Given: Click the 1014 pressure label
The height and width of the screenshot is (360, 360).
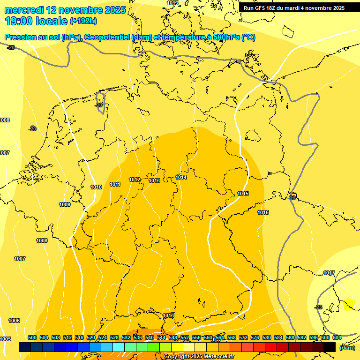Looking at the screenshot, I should click(x=181, y=177).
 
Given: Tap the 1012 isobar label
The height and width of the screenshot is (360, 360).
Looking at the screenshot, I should click(x=135, y=180).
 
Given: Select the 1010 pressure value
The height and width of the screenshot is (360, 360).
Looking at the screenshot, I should click(x=96, y=187).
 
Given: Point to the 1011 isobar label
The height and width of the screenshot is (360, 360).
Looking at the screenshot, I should click(x=115, y=184).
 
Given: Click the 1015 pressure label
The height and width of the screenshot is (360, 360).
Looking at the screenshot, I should click(x=243, y=194).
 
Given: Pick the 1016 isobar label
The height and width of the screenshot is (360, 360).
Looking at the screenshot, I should click(x=263, y=212).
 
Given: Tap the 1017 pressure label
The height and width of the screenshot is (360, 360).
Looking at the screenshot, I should click(x=329, y=273).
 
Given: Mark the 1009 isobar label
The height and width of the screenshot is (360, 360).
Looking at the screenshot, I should click(x=65, y=204).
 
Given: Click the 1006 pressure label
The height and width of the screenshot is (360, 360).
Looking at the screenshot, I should click(x=14, y=321).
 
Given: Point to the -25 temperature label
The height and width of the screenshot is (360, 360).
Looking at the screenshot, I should click(x=319, y=307).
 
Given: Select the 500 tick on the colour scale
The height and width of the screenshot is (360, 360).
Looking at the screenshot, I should click(x=32, y=337).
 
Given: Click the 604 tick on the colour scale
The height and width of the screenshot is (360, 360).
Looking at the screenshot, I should click(x=337, y=337).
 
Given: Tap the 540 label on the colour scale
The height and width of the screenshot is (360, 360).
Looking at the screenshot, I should click(x=150, y=337).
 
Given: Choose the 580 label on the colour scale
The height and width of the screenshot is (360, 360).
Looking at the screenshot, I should click(x=267, y=337).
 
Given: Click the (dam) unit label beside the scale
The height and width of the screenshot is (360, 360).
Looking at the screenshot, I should click(x=347, y=348).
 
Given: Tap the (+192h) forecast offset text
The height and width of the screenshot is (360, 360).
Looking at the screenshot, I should click(x=83, y=21).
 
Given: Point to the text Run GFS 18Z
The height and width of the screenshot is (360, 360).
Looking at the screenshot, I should click(x=264, y=8).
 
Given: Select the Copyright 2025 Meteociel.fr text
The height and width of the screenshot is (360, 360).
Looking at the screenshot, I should click(x=199, y=357).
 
